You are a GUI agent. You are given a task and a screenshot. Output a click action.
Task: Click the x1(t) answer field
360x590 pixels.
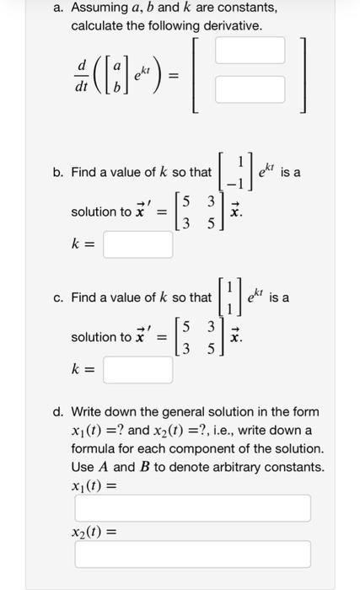[x=192, y=508]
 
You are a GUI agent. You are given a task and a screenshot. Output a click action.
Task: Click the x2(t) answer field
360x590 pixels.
[x=192, y=554]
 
